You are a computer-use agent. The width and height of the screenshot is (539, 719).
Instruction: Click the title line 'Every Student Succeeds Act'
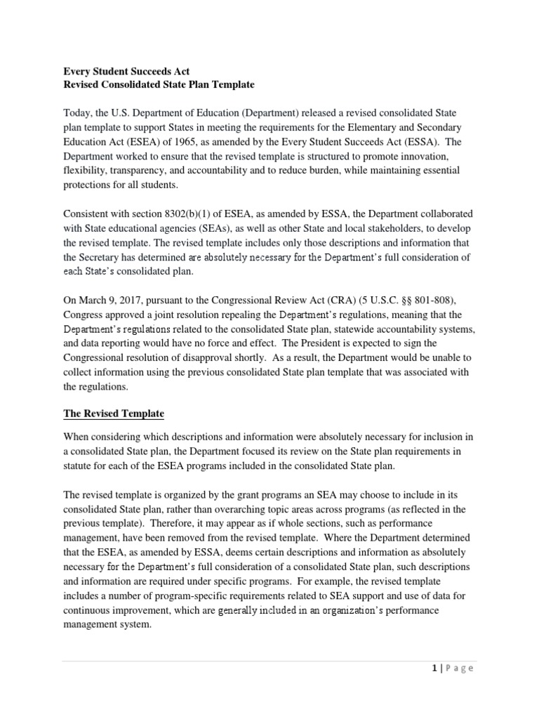coord(126,71)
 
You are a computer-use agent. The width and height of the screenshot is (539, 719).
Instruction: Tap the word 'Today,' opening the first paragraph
coord(80,113)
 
